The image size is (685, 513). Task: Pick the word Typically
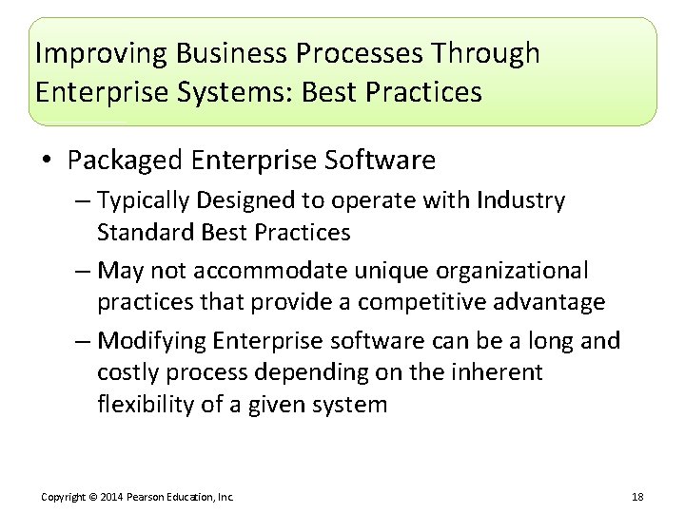[142, 201]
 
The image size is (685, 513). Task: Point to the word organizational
[515, 271]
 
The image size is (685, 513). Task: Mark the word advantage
[551, 302]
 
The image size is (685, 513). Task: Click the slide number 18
[637, 497]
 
